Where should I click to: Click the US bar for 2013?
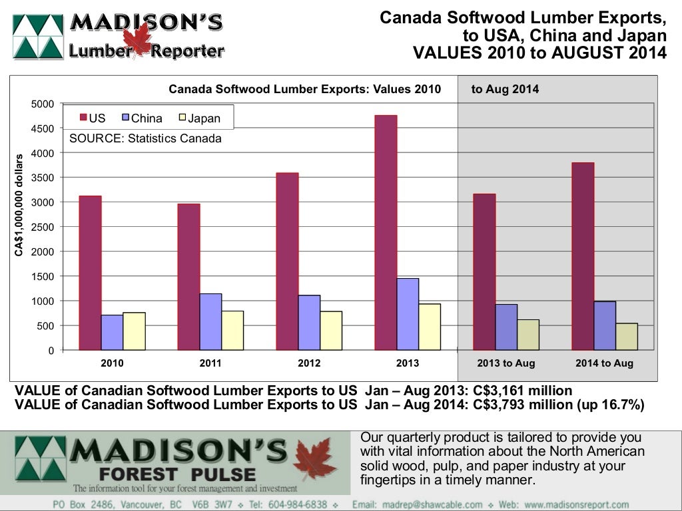pyautogui.click(x=386, y=232)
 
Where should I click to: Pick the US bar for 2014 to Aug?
pyautogui.click(x=583, y=256)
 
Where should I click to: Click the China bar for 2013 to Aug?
pyautogui.click(x=506, y=327)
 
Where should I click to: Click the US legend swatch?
pyautogui.click(x=83, y=118)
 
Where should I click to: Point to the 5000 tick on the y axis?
pyautogui.click(x=43, y=104)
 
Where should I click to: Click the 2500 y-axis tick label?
pyautogui.click(x=43, y=227)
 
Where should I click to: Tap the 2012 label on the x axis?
pyautogui.click(x=309, y=363)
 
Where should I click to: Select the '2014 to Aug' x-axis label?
pyautogui.click(x=605, y=363)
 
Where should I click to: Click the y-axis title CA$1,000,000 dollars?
pyautogui.click(x=20, y=205)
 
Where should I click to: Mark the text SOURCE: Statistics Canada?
pyautogui.click(x=145, y=138)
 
